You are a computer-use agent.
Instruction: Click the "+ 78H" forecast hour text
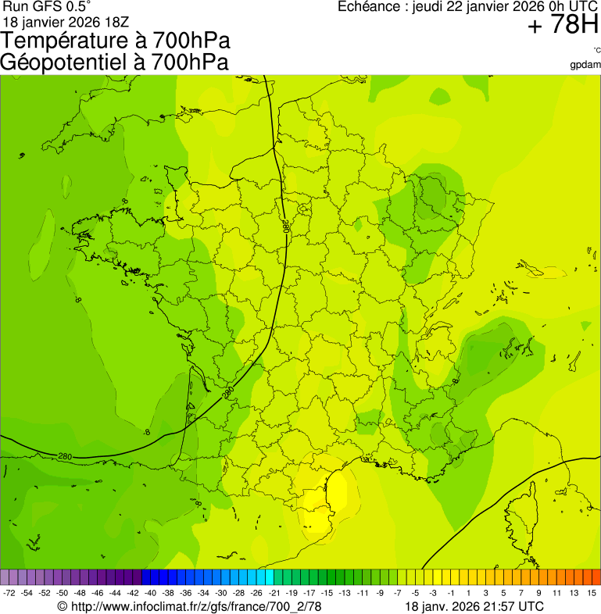coord(563,26)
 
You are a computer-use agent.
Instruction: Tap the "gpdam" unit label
coord(586,64)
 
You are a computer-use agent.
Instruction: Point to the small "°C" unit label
coord(596,50)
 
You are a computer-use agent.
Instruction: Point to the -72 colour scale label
coord(9,594)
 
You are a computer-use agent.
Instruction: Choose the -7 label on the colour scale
coord(399,594)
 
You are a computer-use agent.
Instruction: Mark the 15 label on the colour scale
coord(592,594)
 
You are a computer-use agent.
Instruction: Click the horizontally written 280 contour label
coord(66,456)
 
